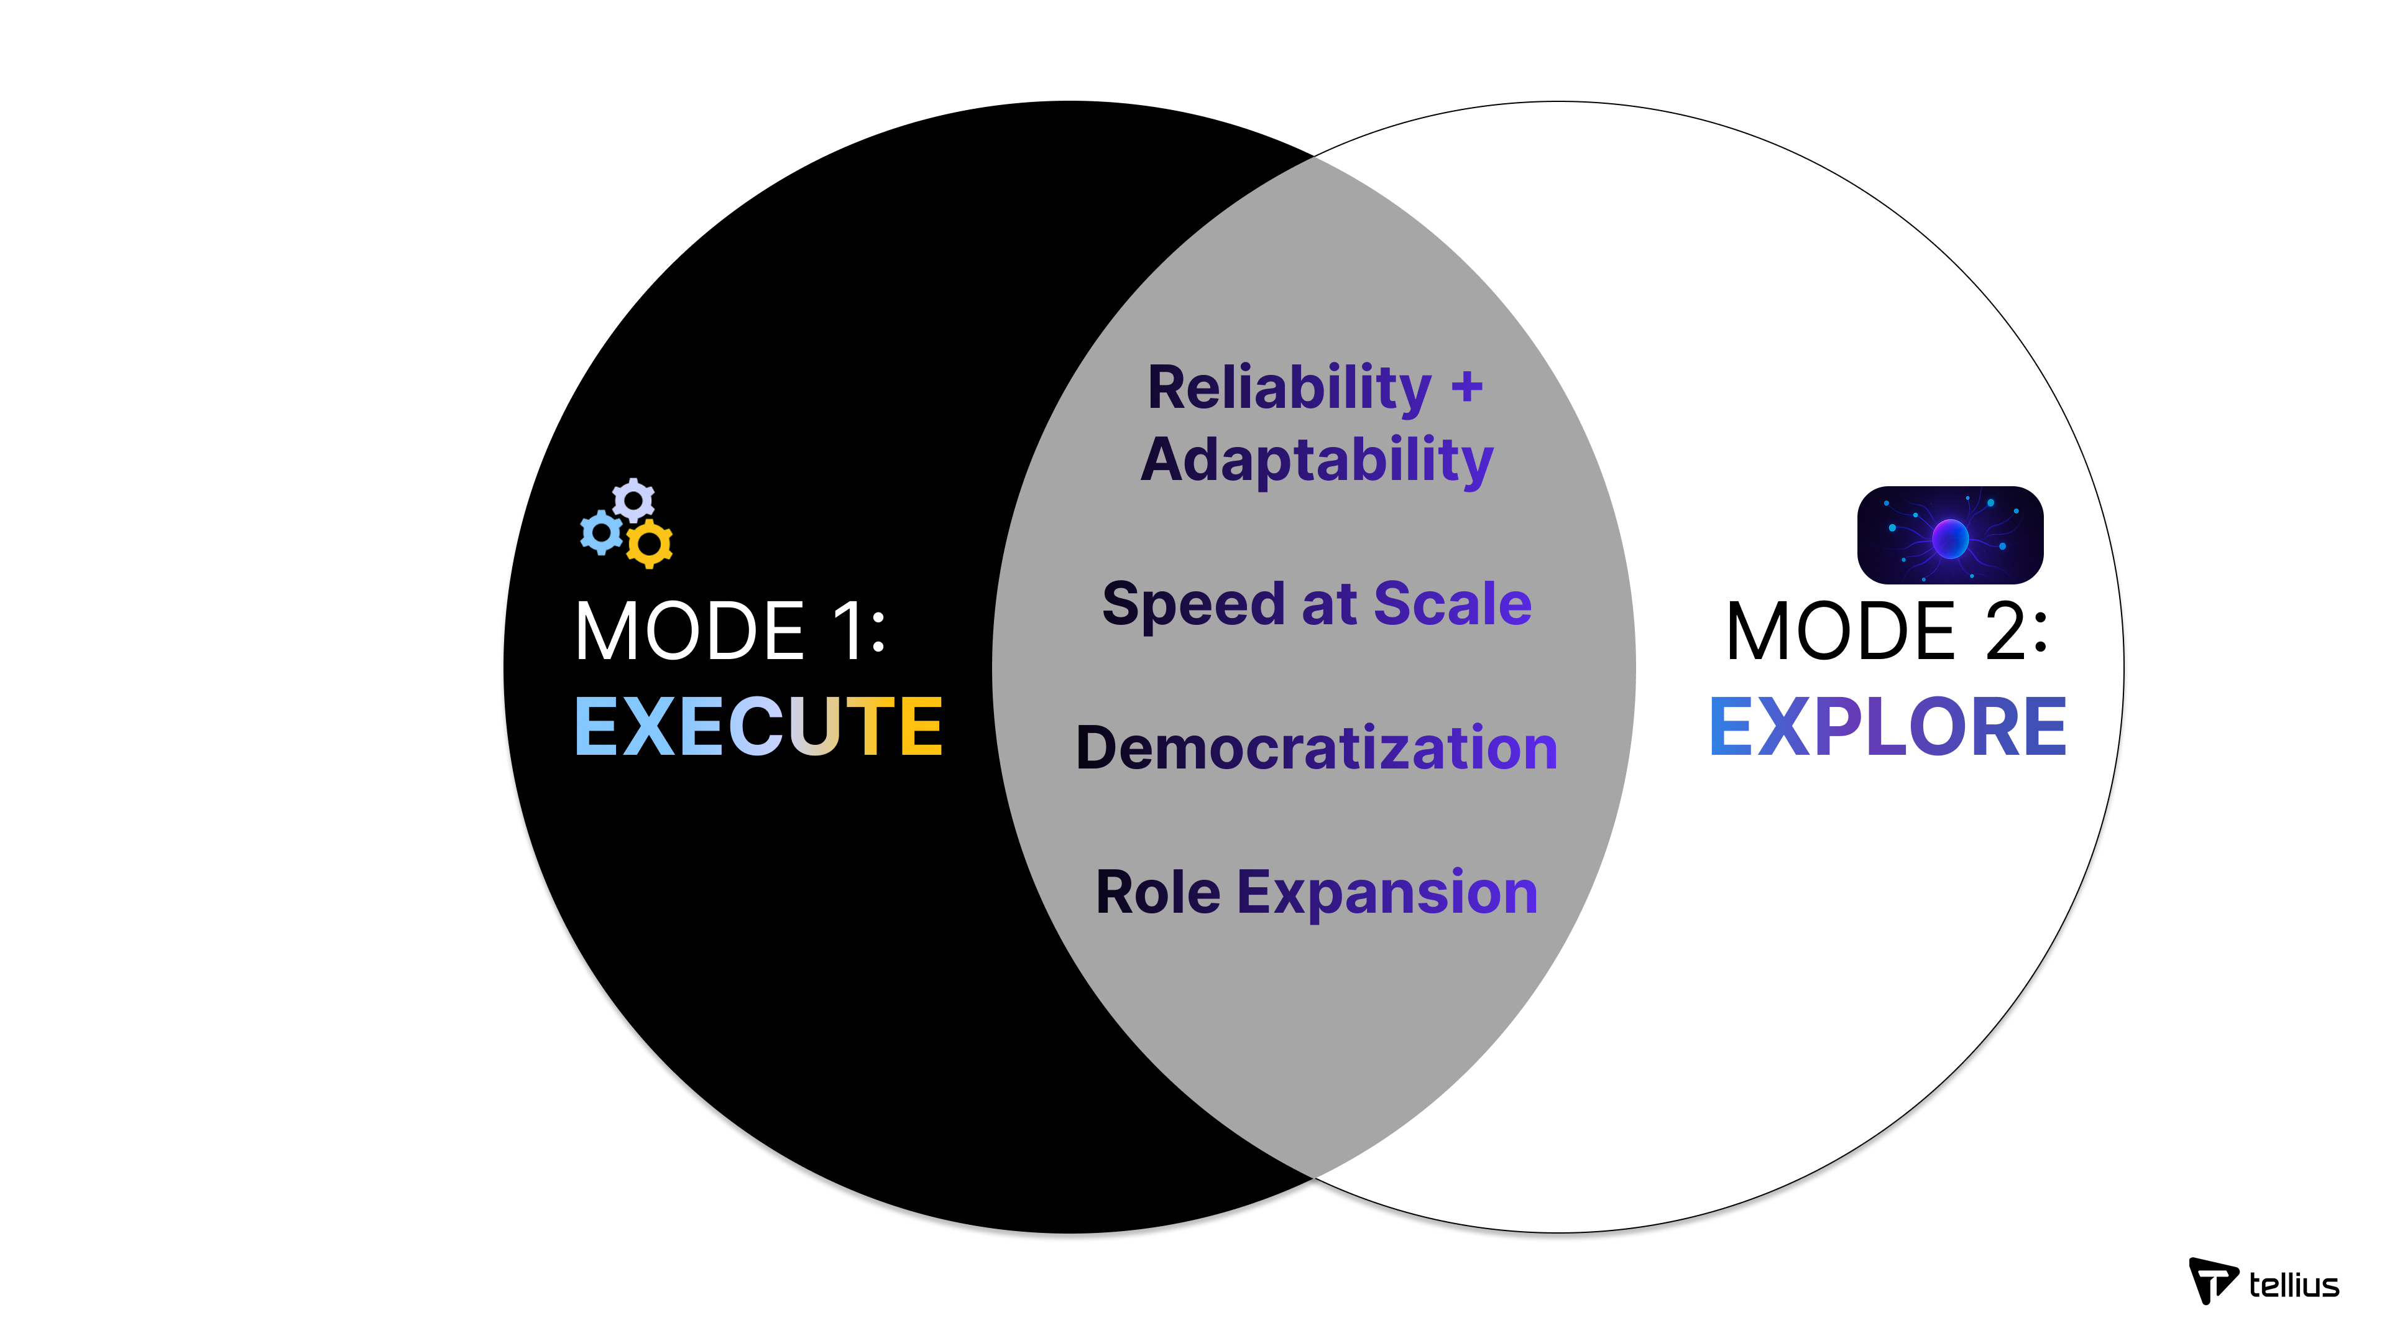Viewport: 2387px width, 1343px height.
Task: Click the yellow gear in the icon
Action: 650,543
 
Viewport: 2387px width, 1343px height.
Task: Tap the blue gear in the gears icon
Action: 601,533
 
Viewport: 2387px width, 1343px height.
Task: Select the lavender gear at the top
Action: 634,501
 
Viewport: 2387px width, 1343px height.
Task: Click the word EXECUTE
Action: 758,727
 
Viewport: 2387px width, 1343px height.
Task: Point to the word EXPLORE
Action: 1888,727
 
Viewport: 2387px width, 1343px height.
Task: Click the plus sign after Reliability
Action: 1467,387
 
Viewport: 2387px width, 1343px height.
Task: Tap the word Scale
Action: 1452,604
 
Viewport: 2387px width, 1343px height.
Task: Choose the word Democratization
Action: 1317,748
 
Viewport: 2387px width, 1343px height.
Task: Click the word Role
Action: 1157,893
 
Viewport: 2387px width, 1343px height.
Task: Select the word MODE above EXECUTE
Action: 689,631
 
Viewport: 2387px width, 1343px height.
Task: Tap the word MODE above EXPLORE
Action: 1840,631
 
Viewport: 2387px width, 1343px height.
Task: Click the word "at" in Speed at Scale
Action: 1330,604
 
